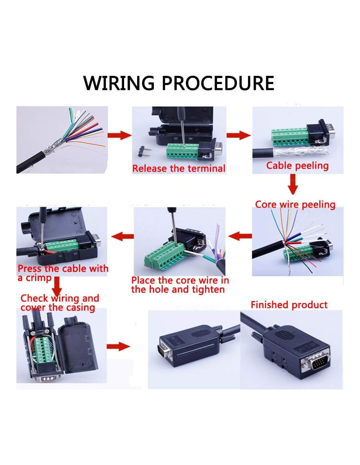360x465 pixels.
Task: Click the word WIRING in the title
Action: coord(118,83)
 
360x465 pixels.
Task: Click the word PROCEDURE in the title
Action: coord(218,83)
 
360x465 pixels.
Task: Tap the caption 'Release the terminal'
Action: coord(179,168)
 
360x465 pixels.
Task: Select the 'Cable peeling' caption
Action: coord(297,165)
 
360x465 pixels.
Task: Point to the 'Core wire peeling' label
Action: coord(295,204)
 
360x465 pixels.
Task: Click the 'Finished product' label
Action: coord(289,305)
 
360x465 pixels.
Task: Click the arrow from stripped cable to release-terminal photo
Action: coord(119,135)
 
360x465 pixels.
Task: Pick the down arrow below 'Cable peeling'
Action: coord(293,184)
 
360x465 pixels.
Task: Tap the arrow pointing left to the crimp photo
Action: coord(122,235)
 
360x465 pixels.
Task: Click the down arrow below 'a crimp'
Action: coord(57,286)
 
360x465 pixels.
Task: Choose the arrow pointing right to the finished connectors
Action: coord(118,346)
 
